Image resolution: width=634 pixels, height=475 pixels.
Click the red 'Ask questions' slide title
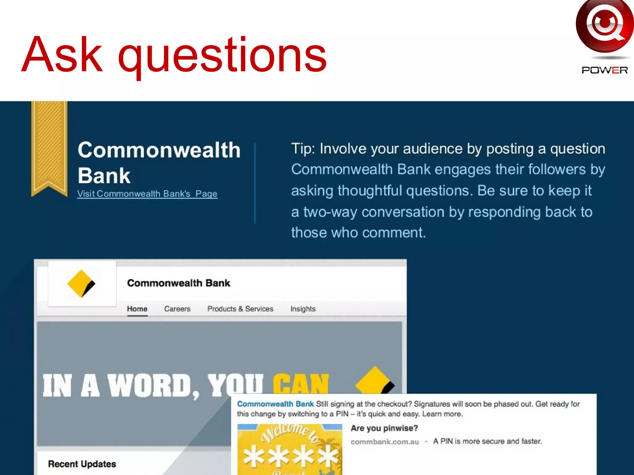(x=174, y=55)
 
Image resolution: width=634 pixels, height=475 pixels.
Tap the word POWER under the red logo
(x=604, y=70)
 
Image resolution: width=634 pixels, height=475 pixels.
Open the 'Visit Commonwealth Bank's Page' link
(x=147, y=194)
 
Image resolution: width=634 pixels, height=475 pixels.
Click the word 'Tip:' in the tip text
(x=303, y=149)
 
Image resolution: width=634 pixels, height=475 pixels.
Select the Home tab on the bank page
(x=137, y=309)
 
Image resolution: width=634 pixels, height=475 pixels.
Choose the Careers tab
(x=177, y=309)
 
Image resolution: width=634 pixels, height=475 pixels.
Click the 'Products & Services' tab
(x=240, y=309)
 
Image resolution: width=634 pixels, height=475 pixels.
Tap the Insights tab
(x=303, y=309)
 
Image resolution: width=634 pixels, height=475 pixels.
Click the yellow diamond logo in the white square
(x=81, y=284)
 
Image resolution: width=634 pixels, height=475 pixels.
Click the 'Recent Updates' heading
(x=82, y=464)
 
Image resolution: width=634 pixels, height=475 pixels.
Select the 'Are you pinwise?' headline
(x=384, y=428)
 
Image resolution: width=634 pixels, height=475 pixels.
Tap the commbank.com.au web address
(x=384, y=442)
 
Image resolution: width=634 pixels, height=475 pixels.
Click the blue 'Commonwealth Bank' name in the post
(x=276, y=404)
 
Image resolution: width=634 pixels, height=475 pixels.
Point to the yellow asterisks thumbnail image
(x=289, y=450)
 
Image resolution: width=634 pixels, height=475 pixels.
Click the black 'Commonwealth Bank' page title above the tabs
(x=179, y=283)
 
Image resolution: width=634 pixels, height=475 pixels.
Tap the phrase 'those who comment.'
(x=358, y=233)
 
